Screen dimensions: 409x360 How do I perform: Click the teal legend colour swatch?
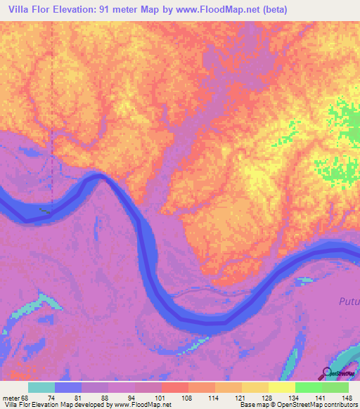click(41, 388)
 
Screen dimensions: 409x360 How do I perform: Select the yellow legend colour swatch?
click(282, 388)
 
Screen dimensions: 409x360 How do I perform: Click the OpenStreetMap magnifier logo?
click(328, 372)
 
